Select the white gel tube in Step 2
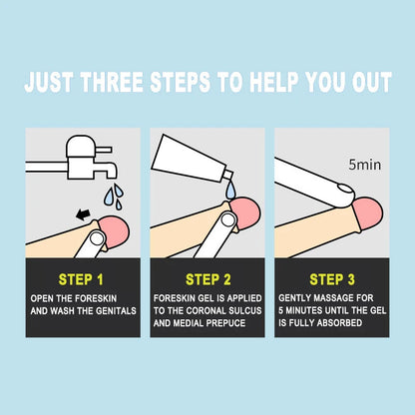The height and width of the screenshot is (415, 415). point(190,159)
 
